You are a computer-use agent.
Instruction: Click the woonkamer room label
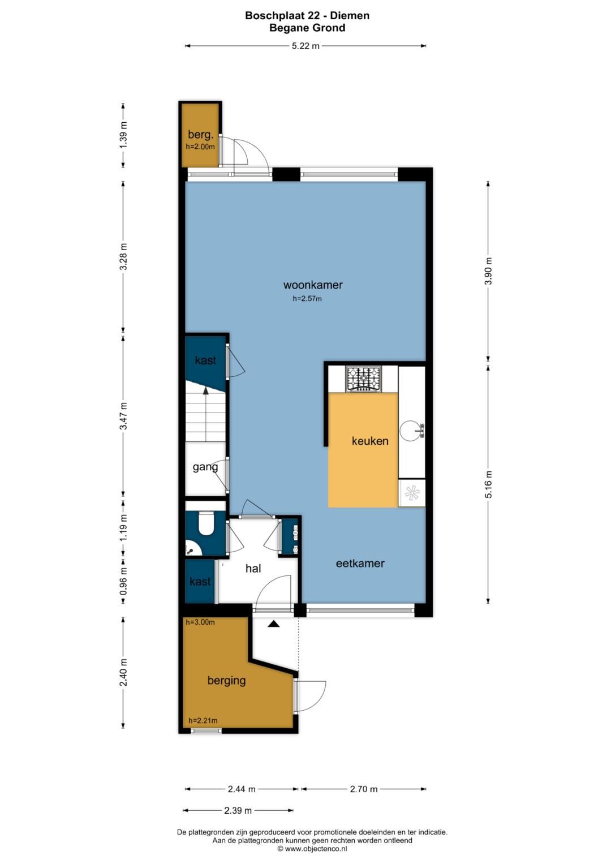pyautogui.click(x=313, y=285)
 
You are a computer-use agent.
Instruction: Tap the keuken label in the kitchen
pyautogui.click(x=370, y=441)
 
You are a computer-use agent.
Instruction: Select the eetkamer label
pyautogui.click(x=360, y=564)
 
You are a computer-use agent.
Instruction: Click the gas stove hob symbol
pyautogui.click(x=364, y=379)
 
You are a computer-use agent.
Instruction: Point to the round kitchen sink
pyautogui.click(x=411, y=431)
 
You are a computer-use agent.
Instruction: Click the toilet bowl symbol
pyautogui.click(x=205, y=523)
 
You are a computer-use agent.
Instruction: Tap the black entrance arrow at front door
pyautogui.click(x=274, y=624)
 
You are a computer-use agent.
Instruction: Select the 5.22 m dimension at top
pyautogui.click(x=305, y=46)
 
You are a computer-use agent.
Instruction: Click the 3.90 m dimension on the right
pyautogui.click(x=489, y=271)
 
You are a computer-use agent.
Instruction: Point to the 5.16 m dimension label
pyautogui.click(x=489, y=484)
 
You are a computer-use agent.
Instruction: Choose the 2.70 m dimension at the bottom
pyautogui.click(x=363, y=789)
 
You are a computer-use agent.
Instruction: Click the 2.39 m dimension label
pyautogui.click(x=238, y=811)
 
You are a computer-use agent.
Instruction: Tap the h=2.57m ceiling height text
pyautogui.click(x=307, y=299)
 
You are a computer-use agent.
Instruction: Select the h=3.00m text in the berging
pyautogui.click(x=200, y=622)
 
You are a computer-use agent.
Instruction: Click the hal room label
pyautogui.click(x=253, y=569)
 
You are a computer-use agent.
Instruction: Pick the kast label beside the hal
pyautogui.click(x=200, y=582)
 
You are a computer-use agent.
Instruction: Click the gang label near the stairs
pyautogui.click(x=205, y=467)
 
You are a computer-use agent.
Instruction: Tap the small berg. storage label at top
pyautogui.click(x=200, y=135)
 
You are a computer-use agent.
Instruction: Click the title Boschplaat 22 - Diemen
pyautogui.click(x=307, y=16)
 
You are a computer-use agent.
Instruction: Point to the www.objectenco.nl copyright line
pyautogui.click(x=312, y=849)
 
